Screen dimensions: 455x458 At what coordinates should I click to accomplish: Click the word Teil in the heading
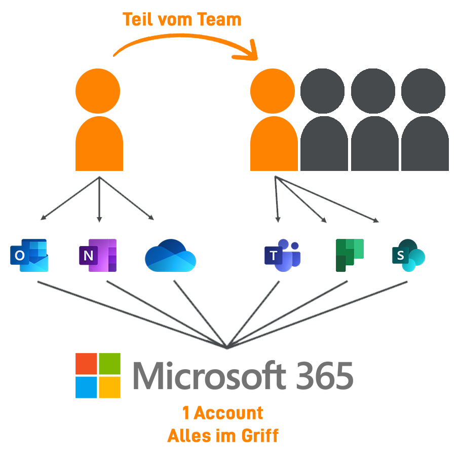click(x=138, y=19)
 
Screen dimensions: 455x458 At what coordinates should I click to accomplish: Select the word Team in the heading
click(x=221, y=19)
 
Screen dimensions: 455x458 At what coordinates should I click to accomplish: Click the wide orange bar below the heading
click(x=185, y=47)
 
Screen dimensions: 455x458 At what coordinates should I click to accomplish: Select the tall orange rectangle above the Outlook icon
click(x=99, y=119)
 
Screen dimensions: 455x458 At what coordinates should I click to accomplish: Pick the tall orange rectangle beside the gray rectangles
click(x=274, y=119)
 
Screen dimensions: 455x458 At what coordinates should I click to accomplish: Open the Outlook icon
click(x=29, y=255)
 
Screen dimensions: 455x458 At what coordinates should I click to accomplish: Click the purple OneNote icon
click(x=97, y=255)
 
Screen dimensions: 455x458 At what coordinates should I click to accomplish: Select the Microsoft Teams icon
click(x=282, y=255)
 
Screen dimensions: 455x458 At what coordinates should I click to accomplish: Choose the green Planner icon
click(x=350, y=255)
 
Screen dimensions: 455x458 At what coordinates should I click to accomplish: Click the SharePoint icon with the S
click(x=408, y=255)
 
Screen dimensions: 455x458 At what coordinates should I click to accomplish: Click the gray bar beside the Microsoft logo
click(x=241, y=375)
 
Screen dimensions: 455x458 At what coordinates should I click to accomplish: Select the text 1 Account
click(x=223, y=413)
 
